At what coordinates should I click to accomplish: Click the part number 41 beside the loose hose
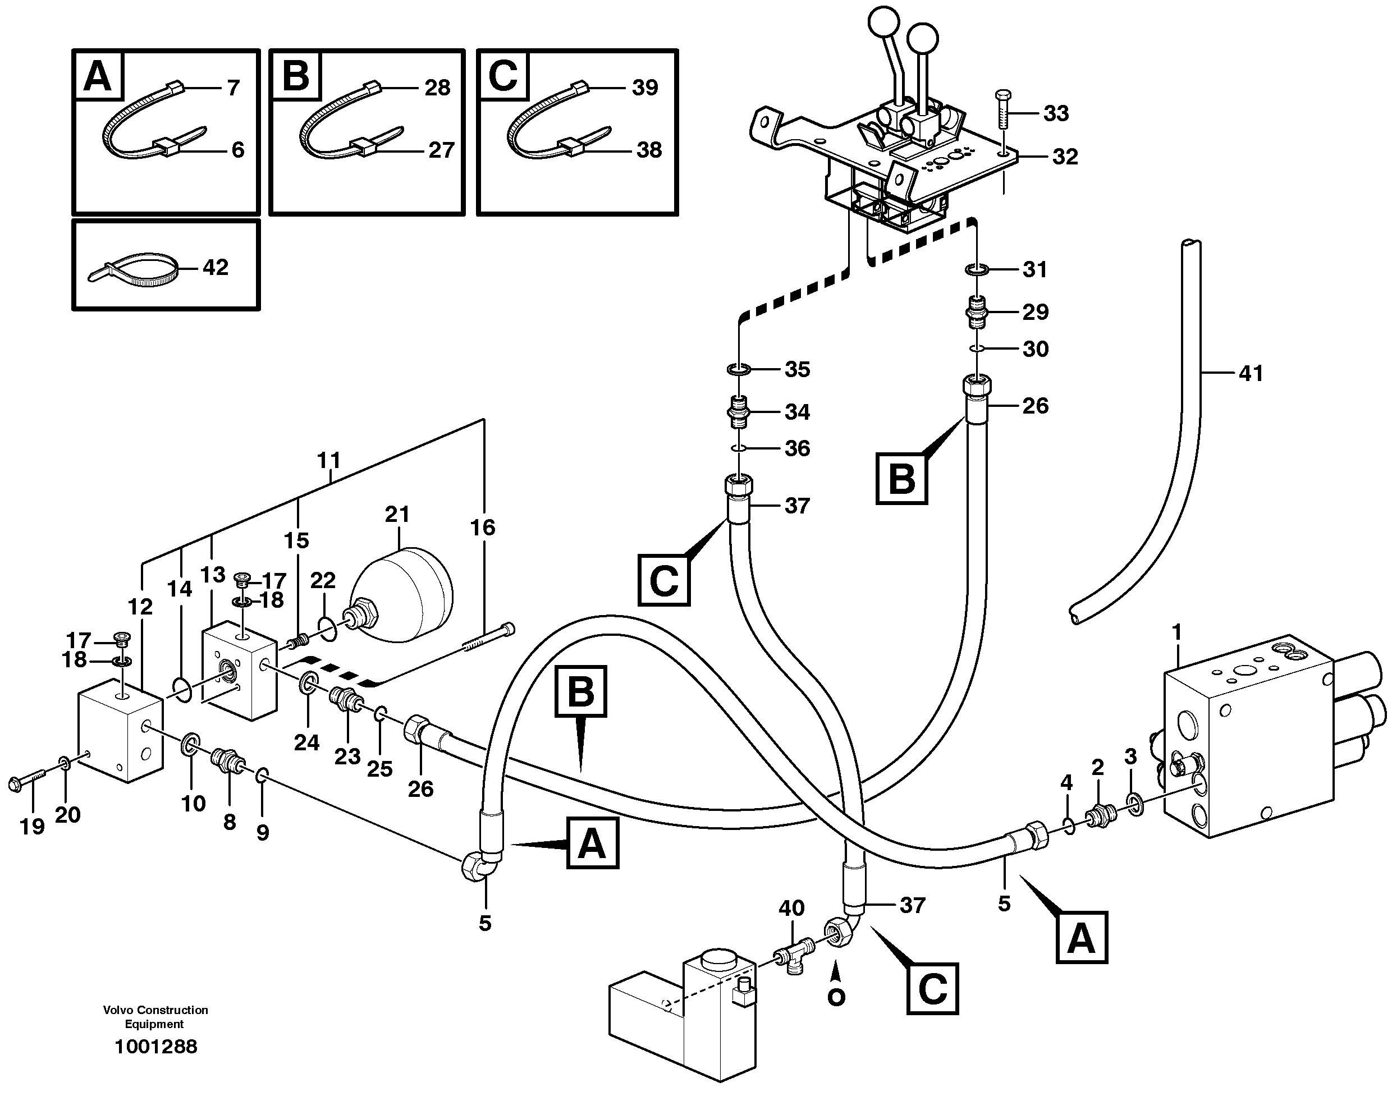(x=1251, y=373)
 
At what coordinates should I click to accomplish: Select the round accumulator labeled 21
(x=401, y=595)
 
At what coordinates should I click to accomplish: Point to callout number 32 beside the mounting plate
(x=1065, y=157)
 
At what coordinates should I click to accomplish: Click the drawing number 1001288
(x=155, y=1046)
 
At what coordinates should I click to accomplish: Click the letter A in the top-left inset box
(x=98, y=77)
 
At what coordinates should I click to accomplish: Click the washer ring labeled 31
(x=977, y=269)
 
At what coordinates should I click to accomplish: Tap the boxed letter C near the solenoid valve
(x=932, y=988)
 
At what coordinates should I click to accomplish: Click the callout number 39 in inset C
(x=644, y=88)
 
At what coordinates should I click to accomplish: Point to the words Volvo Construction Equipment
(x=155, y=1016)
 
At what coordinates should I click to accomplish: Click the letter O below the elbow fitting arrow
(x=836, y=998)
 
